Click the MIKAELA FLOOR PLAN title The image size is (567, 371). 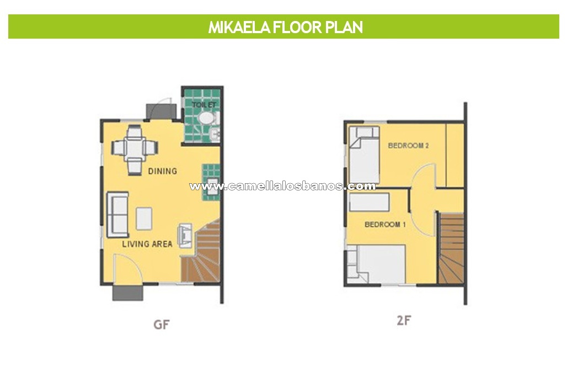click(x=285, y=27)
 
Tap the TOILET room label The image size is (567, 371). click(x=204, y=104)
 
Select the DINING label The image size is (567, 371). click(x=163, y=171)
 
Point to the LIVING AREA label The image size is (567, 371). click(x=147, y=244)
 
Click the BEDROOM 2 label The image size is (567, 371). click(x=408, y=146)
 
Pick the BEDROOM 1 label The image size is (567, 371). click(x=385, y=224)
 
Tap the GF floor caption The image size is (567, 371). click(x=161, y=324)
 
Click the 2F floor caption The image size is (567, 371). click(x=404, y=320)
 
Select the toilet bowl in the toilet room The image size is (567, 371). click(x=207, y=118)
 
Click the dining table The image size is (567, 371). click(x=135, y=148)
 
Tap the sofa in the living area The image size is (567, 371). click(x=117, y=215)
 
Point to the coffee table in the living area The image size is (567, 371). click(x=144, y=218)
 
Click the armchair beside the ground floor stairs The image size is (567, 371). click(x=185, y=236)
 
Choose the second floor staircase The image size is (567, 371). click(x=451, y=248)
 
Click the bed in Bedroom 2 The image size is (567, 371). click(x=364, y=155)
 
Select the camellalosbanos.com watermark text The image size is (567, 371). click(x=282, y=186)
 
